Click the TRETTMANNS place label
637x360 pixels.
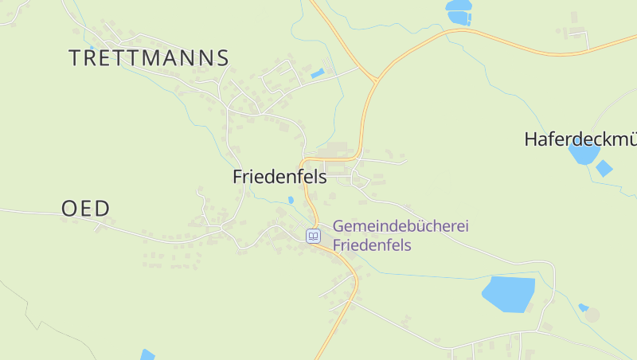[149, 58]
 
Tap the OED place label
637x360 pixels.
[85, 209]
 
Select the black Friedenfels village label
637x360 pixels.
[279, 177]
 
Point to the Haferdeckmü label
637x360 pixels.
[580, 139]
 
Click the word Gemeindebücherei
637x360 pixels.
[401, 226]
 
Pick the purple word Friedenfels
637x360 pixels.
[372, 245]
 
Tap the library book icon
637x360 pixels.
[314, 236]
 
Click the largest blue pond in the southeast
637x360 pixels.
[508, 294]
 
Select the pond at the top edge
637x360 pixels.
[459, 12]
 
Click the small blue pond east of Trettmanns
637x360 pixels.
[318, 73]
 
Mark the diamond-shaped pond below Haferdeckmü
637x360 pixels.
[604, 168]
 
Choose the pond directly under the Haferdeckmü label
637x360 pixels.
[584, 155]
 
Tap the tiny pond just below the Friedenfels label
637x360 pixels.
[291, 200]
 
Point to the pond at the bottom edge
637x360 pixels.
[147, 354]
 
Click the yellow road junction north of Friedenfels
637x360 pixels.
[374, 80]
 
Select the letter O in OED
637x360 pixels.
[71, 209]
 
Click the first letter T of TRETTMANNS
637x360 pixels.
[76, 58]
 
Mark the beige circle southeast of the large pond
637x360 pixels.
[592, 315]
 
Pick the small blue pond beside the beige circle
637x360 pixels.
[584, 307]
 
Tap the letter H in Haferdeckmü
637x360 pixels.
[531, 139]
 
